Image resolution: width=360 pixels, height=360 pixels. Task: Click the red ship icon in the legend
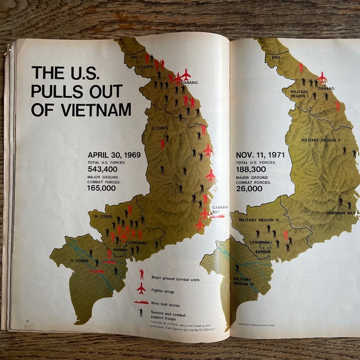tap(142, 302)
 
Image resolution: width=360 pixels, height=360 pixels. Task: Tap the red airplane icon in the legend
tap(142, 288)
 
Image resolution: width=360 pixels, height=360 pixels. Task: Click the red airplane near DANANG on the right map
tap(322, 78)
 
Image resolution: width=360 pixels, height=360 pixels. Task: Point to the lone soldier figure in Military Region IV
tap(236, 268)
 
